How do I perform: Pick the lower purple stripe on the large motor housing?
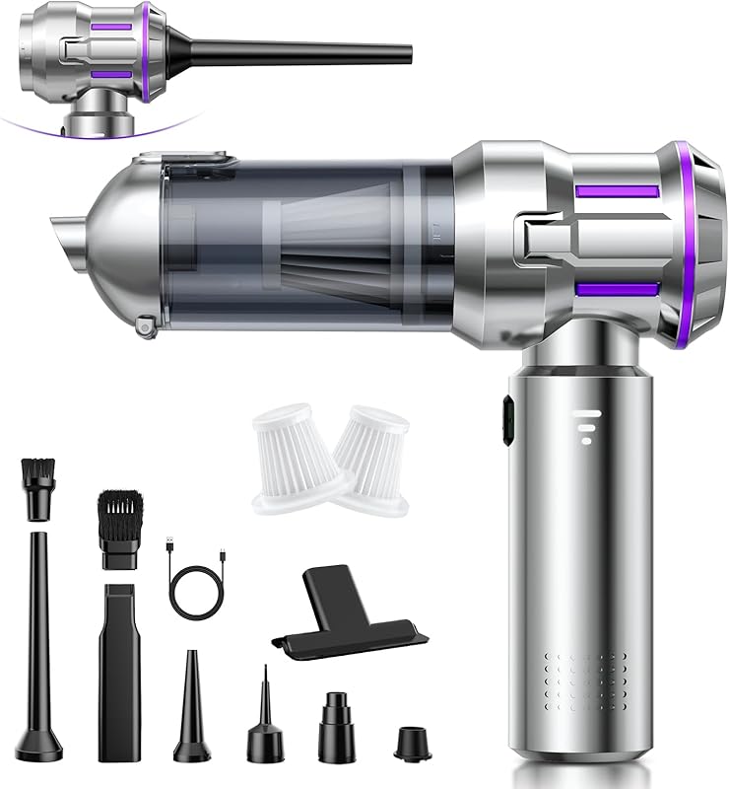[x=616, y=289]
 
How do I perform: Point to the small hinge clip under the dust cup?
[x=146, y=323]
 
